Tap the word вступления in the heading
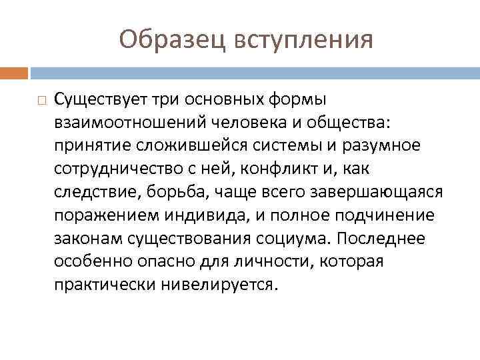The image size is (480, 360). point(303,39)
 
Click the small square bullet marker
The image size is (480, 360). point(41,101)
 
